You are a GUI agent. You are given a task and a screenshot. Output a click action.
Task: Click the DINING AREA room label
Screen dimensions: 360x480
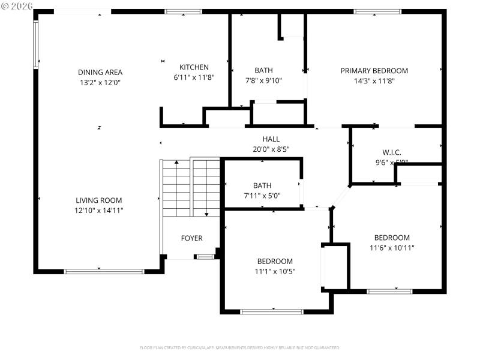(100, 72)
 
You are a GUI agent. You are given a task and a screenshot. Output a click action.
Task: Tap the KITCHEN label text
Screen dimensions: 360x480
(194, 67)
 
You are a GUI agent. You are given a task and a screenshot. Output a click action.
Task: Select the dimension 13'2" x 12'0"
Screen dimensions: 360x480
(100, 82)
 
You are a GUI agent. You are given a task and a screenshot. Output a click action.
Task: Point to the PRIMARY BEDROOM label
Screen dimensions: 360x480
(374, 71)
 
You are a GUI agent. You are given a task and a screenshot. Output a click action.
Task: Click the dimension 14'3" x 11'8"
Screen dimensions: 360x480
(374, 81)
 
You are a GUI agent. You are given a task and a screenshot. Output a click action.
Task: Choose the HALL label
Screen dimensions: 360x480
(271, 139)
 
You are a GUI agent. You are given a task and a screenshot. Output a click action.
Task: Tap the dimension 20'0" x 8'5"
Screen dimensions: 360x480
(271, 149)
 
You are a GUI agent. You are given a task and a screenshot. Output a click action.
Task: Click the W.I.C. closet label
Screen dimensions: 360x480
(392, 152)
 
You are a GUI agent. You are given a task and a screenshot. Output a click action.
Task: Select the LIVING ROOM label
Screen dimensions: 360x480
(99, 200)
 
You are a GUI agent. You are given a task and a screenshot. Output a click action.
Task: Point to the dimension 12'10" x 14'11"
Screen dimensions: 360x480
(99, 211)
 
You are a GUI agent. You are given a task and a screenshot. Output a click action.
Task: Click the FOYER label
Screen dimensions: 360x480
(192, 238)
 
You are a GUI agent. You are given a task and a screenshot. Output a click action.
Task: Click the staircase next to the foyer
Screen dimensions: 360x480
(191, 187)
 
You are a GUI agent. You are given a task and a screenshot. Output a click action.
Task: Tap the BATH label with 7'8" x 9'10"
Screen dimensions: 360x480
(263, 70)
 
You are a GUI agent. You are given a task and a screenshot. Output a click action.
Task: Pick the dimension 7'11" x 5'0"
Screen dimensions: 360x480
(262, 196)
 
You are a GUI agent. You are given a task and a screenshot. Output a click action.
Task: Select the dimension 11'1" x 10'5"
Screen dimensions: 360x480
(275, 271)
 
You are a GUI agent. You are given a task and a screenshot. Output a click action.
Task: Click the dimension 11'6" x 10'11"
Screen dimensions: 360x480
(392, 248)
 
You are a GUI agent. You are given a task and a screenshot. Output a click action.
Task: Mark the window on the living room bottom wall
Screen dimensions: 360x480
(104, 271)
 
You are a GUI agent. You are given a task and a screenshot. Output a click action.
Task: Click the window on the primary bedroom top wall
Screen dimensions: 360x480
(377, 11)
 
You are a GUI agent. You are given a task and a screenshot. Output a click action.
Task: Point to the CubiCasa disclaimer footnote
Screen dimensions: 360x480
(240, 347)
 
